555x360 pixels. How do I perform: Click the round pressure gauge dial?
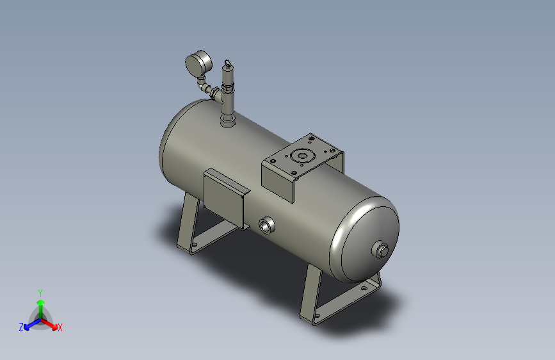198,64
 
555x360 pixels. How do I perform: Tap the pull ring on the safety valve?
227,63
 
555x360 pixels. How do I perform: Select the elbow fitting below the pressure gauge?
204,86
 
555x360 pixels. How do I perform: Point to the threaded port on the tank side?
266,224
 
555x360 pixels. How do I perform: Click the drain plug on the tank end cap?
382,249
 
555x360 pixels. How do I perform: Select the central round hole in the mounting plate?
300,155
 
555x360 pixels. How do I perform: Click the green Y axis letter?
40,291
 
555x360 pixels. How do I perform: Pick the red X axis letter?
60,328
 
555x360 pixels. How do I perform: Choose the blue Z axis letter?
21,327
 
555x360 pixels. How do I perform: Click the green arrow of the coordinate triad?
40,304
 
